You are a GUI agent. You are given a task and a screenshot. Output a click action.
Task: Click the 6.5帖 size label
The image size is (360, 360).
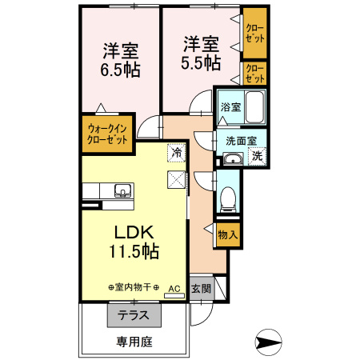[121, 70]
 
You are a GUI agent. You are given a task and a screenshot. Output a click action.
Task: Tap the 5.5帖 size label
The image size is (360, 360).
[201, 62]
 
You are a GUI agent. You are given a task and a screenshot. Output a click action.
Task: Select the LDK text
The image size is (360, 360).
[134, 233]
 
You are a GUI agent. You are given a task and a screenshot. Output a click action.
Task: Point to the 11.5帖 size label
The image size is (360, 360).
[134, 251]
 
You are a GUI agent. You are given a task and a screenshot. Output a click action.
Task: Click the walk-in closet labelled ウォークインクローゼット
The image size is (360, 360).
[107, 134]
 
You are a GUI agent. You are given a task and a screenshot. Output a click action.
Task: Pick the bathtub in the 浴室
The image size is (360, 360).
[254, 106]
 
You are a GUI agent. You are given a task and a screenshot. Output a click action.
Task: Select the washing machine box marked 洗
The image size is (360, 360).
[258, 156]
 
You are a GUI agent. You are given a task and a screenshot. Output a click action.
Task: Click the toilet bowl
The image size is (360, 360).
[226, 195]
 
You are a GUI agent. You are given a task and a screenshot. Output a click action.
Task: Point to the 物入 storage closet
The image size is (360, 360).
[227, 234]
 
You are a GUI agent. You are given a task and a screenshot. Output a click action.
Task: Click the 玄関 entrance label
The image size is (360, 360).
[201, 289]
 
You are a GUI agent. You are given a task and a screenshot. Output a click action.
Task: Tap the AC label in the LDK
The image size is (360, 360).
[174, 287]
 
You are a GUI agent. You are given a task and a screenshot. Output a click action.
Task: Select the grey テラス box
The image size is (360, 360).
[134, 315]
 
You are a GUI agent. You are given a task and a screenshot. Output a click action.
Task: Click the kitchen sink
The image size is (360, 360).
[123, 190]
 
